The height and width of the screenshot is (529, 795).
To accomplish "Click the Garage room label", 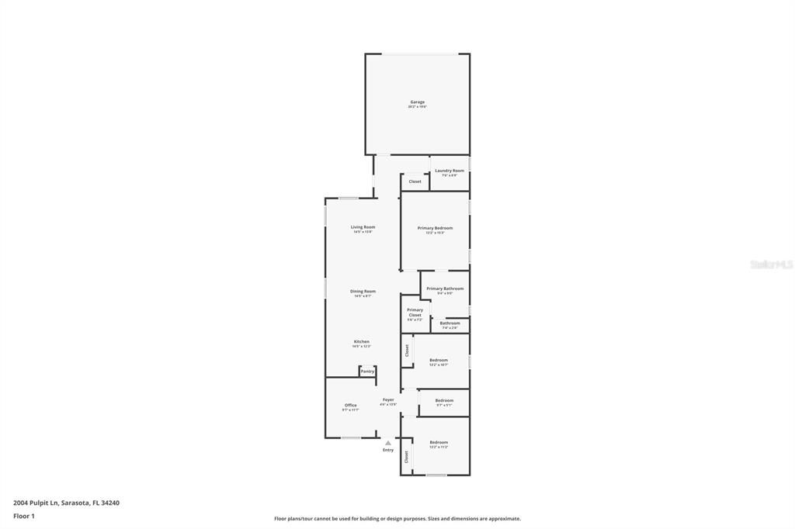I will tap(418, 102).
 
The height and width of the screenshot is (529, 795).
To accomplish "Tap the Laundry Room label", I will tap(450, 171).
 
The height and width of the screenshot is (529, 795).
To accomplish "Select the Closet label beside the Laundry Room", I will tap(415, 182).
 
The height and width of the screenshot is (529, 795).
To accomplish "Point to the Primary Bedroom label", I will tap(435, 228).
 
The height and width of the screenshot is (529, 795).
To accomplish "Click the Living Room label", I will tap(363, 227).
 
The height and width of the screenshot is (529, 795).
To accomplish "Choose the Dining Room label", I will tap(363, 292).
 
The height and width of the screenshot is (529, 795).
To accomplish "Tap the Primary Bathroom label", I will tap(445, 289).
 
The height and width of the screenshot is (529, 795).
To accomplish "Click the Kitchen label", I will tap(362, 342).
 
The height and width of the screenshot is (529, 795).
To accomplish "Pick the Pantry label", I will tap(367, 372).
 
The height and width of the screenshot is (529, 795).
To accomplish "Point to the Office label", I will tap(351, 406).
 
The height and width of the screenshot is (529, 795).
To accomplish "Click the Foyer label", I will tap(388, 400).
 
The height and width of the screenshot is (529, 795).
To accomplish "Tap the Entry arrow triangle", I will tap(388, 443).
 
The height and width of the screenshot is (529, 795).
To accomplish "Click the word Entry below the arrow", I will tap(388, 450).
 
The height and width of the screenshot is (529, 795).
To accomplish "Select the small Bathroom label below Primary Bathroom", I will tap(450, 323).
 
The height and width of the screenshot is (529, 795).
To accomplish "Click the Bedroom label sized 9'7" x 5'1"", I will tap(444, 401).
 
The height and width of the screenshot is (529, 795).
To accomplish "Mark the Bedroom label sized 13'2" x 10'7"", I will tap(439, 360).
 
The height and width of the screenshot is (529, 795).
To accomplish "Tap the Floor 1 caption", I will tap(24, 516).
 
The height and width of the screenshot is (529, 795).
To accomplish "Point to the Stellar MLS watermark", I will tap(771, 264).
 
